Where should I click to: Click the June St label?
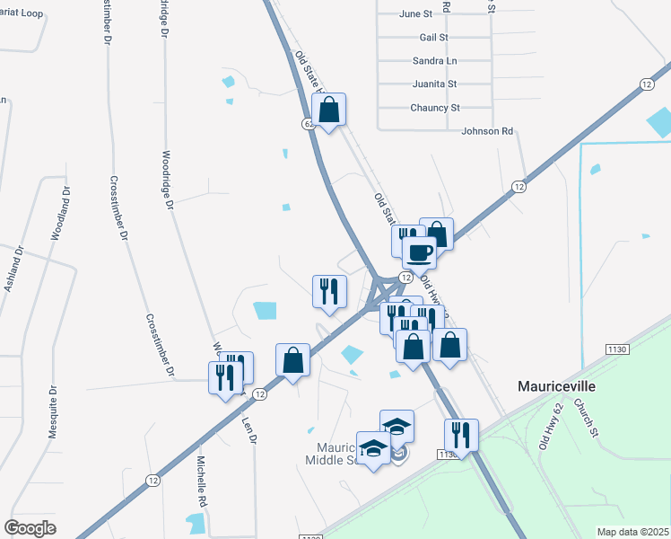click(414, 14)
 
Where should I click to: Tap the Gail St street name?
click(433, 38)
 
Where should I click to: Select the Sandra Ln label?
click(434, 61)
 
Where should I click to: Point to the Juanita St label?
click(434, 84)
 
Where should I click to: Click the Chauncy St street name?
click(435, 108)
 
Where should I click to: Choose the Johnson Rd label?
click(487, 131)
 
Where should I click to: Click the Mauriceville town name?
click(557, 385)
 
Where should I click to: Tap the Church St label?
click(586, 417)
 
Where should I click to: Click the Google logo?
click(30, 528)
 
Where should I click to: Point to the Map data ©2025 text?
click(632, 532)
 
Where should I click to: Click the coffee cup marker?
click(418, 252)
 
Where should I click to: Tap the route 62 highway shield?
click(309, 124)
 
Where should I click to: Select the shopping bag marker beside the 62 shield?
click(329, 110)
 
